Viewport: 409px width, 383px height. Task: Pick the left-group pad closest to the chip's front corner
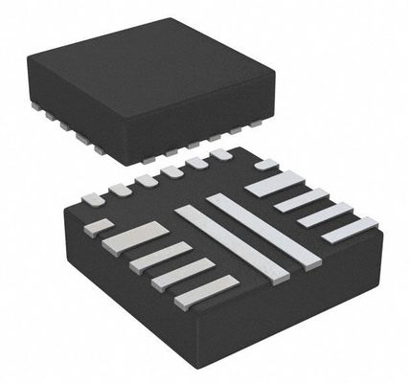coord(206,291)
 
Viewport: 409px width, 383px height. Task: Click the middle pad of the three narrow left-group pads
coord(182,274)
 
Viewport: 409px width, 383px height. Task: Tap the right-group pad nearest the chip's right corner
coord(349,230)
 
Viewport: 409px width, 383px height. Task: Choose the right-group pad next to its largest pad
coord(301,200)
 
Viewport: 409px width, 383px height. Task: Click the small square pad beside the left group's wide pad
coord(99,227)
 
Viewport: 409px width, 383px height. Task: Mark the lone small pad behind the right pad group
coord(265,164)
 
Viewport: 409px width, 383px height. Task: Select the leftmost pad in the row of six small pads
coord(93,199)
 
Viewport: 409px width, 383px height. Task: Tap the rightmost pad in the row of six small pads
coord(221,154)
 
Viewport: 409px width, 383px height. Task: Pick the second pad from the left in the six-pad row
coord(120,190)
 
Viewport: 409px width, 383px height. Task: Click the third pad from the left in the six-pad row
coord(147,180)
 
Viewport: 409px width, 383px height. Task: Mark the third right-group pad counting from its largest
coord(325,214)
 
